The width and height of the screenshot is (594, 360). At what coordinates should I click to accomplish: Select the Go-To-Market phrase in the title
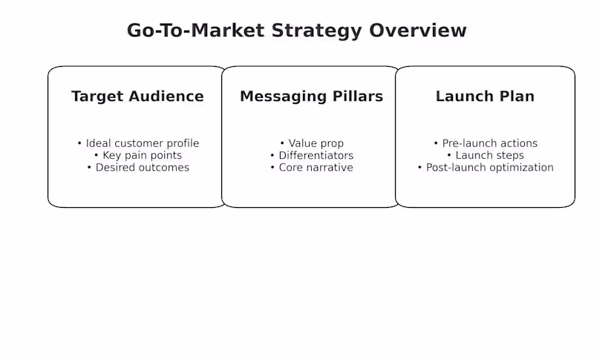tap(196, 31)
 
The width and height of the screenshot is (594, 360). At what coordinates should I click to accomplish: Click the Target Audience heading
tap(137, 96)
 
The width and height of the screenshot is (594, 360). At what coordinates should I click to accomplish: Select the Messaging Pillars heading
tap(311, 96)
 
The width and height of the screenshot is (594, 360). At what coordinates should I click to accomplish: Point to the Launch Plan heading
tap(485, 96)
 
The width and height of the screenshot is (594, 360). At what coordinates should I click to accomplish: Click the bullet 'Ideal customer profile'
tap(142, 143)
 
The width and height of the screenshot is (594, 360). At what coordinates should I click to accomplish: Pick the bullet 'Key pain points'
tap(142, 155)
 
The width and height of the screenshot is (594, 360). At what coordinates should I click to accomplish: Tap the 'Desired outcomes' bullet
tap(142, 168)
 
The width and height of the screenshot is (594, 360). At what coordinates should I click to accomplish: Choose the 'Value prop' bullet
tap(316, 143)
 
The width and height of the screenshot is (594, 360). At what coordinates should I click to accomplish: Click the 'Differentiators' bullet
tap(316, 155)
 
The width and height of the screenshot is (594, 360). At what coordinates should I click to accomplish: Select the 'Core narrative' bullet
tap(316, 168)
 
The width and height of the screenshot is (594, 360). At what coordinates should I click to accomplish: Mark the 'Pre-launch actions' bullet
tap(489, 143)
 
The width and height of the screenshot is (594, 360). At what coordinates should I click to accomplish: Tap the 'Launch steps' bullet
tap(489, 155)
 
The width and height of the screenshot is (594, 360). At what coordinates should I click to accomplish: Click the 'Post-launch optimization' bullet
tap(489, 168)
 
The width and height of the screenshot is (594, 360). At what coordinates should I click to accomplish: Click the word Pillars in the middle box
tap(356, 96)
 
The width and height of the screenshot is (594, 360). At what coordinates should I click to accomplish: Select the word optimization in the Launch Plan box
tap(520, 168)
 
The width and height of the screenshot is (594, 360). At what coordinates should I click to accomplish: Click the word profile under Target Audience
tap(183, 143)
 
